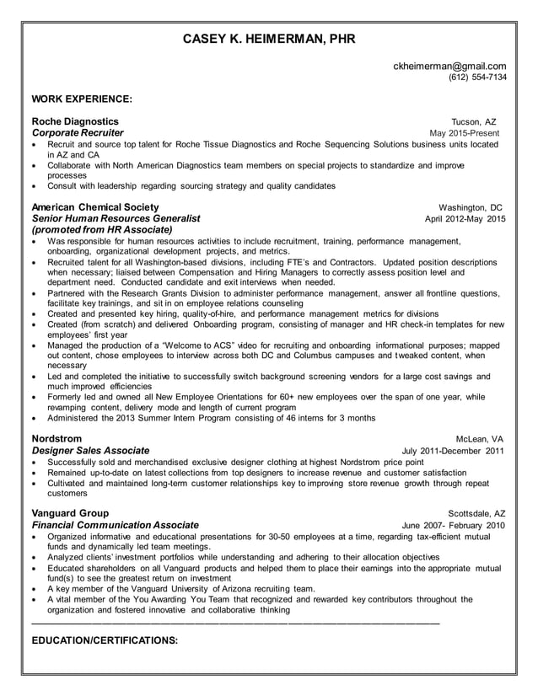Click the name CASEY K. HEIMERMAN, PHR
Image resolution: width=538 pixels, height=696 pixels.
[269, 40]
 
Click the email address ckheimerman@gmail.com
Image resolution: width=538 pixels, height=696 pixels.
[450, 66]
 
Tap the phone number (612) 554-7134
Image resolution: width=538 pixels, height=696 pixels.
[477, 78]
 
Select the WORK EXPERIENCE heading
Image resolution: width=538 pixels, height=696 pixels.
[81, 99]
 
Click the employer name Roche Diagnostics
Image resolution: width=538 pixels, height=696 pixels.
[75, 121]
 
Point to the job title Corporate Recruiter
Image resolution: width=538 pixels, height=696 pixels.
[78, 133]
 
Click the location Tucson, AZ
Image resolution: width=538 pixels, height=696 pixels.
[474, 122]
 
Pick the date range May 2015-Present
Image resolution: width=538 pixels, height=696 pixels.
[464, 134]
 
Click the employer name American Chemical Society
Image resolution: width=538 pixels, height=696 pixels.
[94, 207]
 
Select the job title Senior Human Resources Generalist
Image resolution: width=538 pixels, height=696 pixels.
[116, 218]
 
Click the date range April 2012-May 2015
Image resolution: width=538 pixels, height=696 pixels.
[465, 219]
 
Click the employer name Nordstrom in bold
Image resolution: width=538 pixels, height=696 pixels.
[57, 438]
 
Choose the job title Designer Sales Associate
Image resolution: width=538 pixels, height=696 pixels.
[90, 450]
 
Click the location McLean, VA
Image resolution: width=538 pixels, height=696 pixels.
[479, 439]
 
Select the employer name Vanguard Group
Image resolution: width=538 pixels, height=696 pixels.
[69, 512]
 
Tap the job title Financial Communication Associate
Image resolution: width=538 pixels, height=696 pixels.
[115, 524]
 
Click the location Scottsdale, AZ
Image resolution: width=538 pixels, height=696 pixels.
[476, 513]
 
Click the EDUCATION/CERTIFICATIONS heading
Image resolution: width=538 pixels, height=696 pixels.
[105, 640]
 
